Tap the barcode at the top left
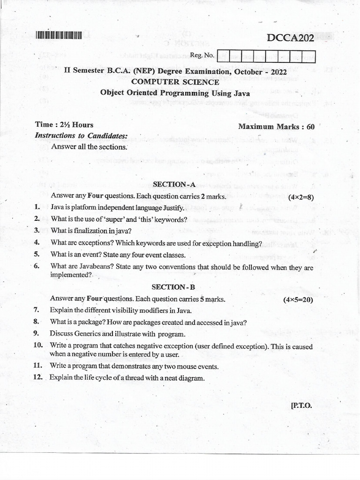click(x=59, y=34)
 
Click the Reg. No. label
click(x=202, y=55)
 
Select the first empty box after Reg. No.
click(x=223, y=57)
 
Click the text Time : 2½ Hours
click(x=64, y=125)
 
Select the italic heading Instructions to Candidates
click(x=81, y=135)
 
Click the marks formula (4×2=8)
click(x=301, y=197)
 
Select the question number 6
click(x=36, y=266)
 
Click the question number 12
click(x=38, y=377)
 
